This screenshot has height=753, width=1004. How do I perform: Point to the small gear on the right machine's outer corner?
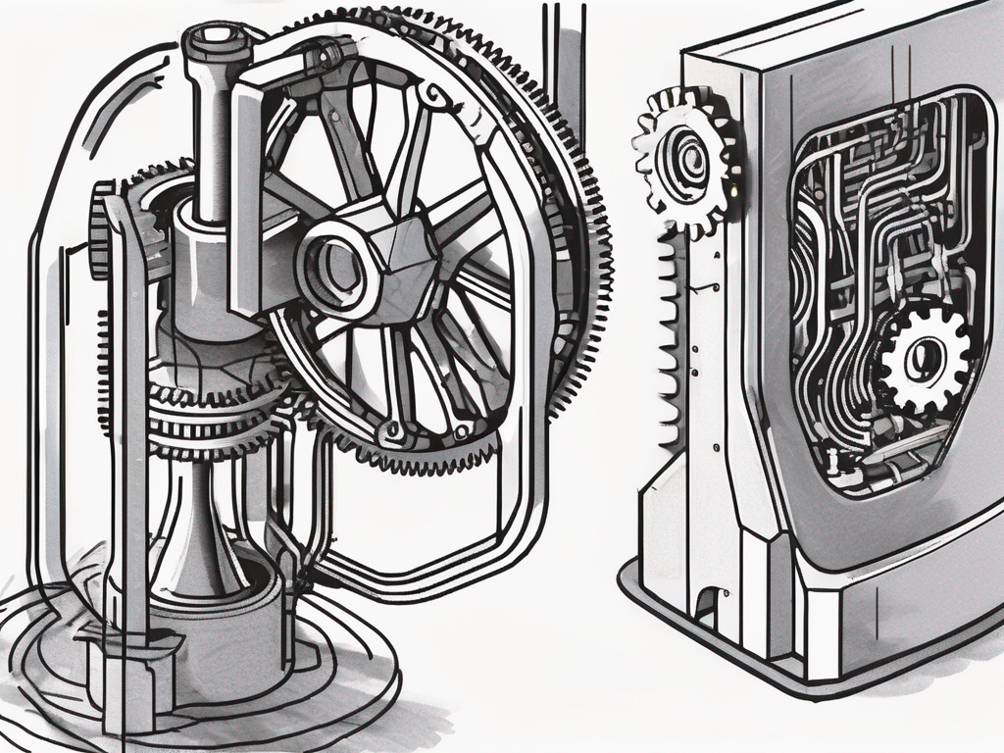(686, 157)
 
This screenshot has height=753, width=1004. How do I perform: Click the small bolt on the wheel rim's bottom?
(394, 428)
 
